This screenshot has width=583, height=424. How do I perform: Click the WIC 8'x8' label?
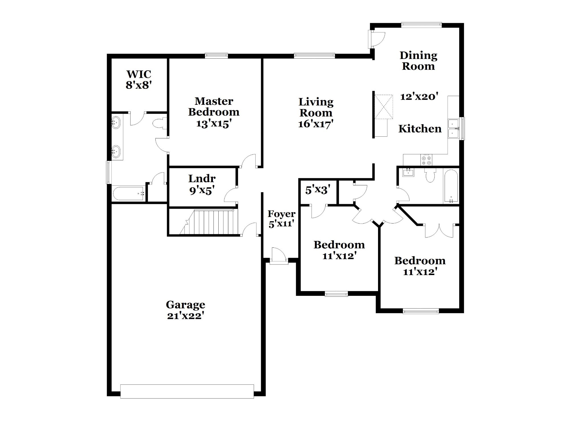pos(139,80)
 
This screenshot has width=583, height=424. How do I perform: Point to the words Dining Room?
pos(418,61)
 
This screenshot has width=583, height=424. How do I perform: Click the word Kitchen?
pos(420,129)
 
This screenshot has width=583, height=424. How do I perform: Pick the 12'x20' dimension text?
pos(419,97)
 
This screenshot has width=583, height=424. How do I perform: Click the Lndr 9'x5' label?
pos(202,184)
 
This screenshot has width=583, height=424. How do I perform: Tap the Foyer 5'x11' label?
pos(282,219)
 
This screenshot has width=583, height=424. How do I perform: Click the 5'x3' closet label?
pos(318,190)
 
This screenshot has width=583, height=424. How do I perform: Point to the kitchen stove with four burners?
pos(426,159)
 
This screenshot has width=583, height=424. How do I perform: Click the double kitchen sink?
pos(453,129)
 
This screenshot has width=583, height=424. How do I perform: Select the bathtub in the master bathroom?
pos(128,193)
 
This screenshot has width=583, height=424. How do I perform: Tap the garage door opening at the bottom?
pos(187,391)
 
